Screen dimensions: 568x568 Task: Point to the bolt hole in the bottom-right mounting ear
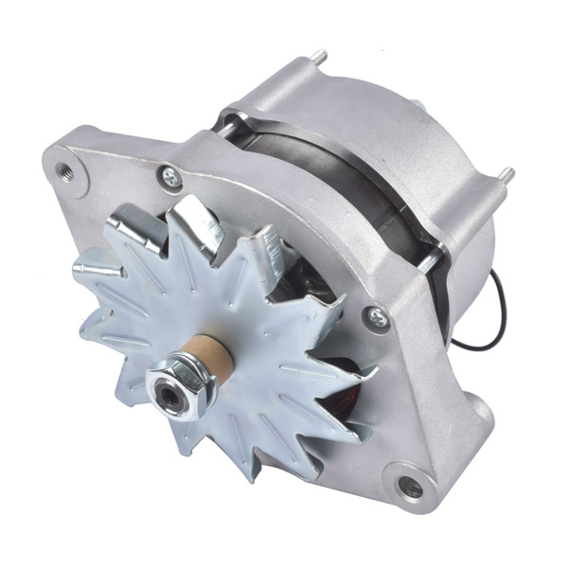[411, 488]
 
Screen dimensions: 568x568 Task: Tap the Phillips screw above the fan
[171, 175]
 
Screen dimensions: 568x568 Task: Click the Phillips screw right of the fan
[380, 320]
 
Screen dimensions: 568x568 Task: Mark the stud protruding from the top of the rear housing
[320, 59]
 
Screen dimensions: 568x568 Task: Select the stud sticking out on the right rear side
[506, 176]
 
